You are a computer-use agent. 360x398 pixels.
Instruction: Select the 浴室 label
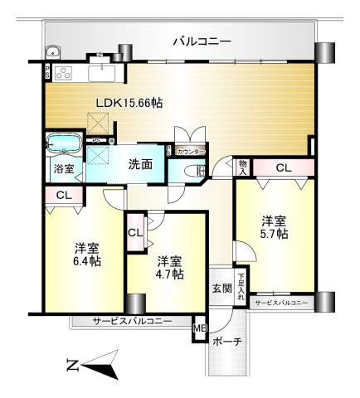click(x=64, y=168)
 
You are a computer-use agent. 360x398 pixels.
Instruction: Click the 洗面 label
click(x=140, y=164)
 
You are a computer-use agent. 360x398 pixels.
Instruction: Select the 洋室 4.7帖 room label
click(x=170, y=267)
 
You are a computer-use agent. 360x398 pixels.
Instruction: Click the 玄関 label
click(x=221, y=288)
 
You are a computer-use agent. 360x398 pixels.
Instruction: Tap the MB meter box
click(x=199, y=328)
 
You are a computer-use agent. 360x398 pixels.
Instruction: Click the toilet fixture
click(x=196, y=171)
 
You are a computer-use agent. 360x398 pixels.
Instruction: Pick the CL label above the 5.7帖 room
click(x=284, y=168)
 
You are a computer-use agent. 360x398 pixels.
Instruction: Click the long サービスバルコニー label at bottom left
click(x=132, y=321)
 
